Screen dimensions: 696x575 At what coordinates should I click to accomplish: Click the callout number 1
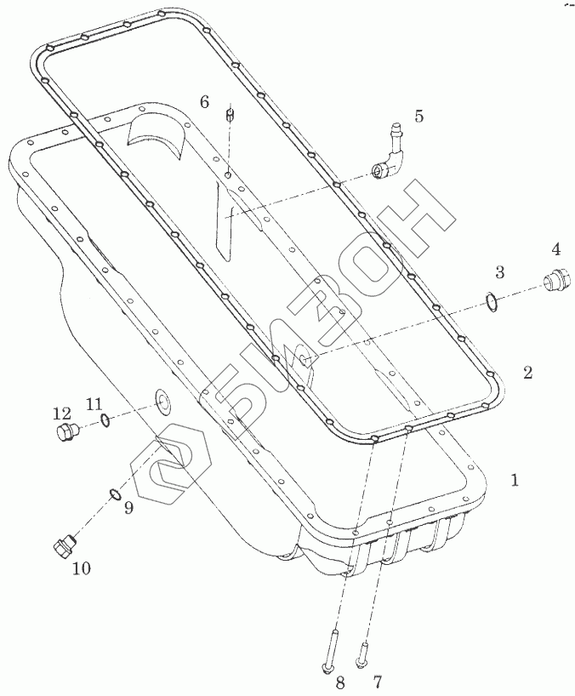pos(515,480)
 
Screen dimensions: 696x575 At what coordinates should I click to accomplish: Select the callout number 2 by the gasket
pos(528,372)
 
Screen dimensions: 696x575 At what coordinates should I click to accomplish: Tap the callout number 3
pos(500,272)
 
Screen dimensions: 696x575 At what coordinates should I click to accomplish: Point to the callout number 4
pos(555,249)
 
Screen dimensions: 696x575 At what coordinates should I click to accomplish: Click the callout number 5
pos(418,116)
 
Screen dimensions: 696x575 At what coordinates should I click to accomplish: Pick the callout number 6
pos(204,101)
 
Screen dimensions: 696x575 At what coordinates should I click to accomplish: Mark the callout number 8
pos(340,681)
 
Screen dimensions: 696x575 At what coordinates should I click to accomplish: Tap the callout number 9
pos(128,509)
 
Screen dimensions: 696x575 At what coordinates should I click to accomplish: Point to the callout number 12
pos(61,414)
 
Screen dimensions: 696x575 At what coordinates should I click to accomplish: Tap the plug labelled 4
pos(557,279)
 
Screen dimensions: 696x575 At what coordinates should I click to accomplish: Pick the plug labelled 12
pos(64,433)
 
